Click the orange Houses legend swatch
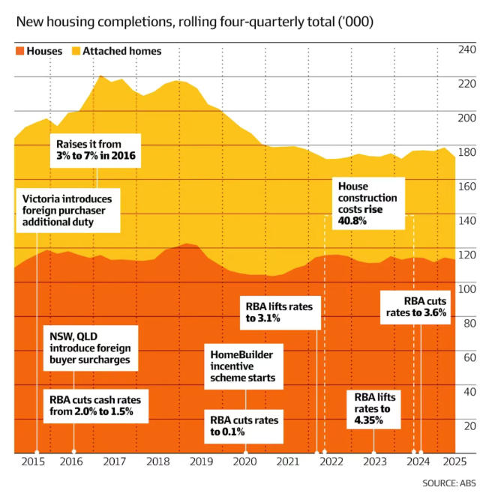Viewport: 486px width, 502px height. click(19, 51)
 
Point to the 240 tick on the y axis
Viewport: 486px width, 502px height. click(466, 49)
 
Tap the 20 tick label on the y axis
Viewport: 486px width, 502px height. click(469, 426)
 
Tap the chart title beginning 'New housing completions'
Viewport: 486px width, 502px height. click(194, 21)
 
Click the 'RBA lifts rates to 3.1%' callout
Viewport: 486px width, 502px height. click(281, 311)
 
